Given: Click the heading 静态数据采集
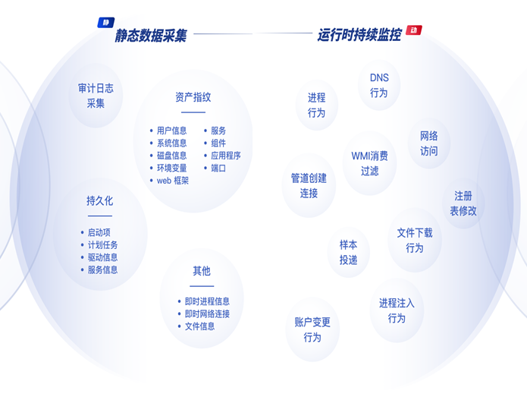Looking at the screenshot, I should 150,35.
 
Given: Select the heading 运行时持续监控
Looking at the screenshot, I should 359,35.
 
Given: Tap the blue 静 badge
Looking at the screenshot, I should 105,23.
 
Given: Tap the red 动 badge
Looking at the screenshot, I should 413,30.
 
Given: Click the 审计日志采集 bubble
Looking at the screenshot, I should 96,96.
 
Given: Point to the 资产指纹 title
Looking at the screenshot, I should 193,97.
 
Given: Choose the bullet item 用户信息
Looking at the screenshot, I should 171,131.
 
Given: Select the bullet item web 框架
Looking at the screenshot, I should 172,181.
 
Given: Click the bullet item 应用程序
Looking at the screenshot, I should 225,156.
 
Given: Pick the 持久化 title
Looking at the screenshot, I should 99,201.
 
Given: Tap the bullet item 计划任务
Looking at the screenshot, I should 102,245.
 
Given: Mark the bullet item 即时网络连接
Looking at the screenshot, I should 207,314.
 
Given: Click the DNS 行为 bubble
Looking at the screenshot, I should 379,85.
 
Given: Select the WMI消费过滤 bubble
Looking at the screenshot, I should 369,163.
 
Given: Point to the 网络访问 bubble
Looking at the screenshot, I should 429,143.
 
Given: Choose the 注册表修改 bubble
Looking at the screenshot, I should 463,203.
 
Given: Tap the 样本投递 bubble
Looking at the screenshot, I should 348,252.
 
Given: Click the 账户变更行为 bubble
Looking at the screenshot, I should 312,329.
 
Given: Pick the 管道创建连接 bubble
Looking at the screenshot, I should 309,185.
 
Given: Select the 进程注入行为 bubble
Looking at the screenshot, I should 397,310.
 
